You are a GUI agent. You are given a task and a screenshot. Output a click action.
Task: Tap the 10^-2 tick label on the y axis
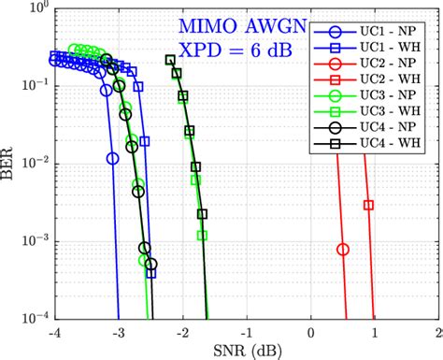33,164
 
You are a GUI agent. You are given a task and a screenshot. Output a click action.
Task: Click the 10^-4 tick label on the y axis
33,319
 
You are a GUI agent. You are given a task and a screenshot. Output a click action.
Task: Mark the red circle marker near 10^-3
343,249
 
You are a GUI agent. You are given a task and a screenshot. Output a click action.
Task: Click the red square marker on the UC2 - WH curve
368,205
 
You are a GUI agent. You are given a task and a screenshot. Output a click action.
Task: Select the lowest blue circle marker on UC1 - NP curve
113,158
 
